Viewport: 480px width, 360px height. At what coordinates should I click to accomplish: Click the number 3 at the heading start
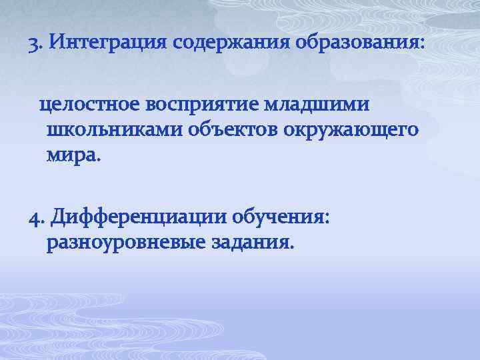click(x=33, y=46)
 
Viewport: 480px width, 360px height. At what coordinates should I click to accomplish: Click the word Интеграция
click(x=107, y=46)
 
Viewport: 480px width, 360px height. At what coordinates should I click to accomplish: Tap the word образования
click(x=356, y=46)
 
